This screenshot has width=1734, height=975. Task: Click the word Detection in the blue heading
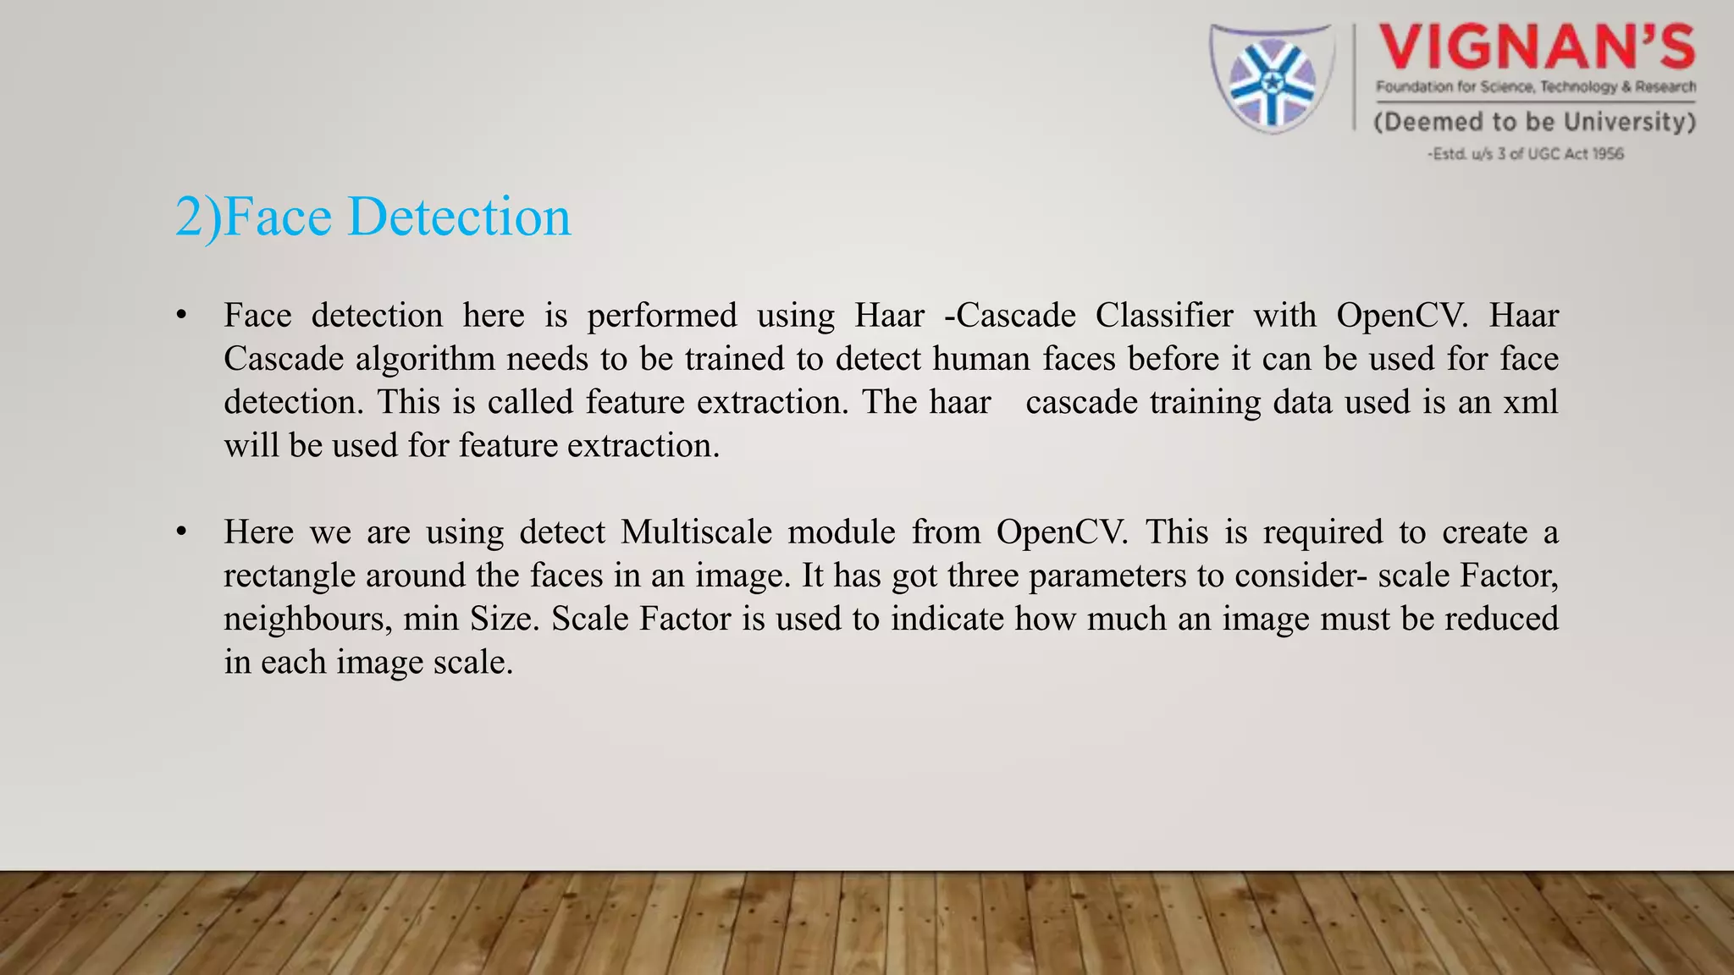point(459,217)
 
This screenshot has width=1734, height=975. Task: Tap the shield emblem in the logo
point(1272,79)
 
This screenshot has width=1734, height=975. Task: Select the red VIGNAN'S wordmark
point(1536,47)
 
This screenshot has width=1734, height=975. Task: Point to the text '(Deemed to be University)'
point(1534,122)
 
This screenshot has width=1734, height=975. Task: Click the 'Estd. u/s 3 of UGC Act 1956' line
point(1526,154)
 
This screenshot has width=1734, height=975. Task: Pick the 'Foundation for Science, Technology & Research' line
point(1536,86)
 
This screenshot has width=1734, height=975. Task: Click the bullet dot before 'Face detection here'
point(180,316)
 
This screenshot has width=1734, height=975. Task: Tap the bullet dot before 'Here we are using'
point(180,532)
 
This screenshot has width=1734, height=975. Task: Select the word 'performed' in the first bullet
point(662,316)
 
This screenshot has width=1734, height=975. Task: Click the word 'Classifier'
point(1164,316)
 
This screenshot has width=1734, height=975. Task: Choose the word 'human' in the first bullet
point(981,359)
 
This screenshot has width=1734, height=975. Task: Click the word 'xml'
point(1531,402)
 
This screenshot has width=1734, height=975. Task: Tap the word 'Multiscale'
point(696,532)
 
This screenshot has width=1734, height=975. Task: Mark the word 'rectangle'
point(289,576)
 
